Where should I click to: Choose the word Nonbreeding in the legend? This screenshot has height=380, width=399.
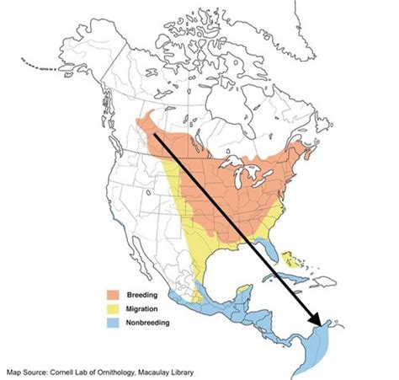pyautogui.click(x=148, y=323)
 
